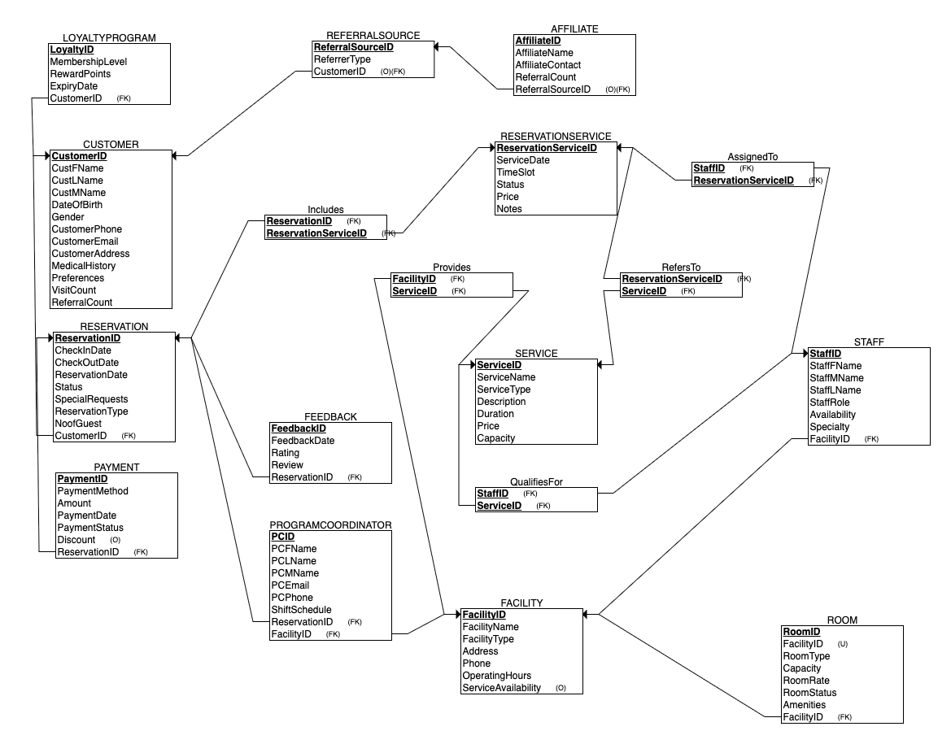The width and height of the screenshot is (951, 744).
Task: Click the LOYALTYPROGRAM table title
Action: pyautogui.click(x=108, y=37)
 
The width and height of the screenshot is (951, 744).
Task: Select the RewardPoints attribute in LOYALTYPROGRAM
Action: pyautogui.click(x=80, y=74)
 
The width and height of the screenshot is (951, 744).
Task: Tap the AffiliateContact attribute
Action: pyautogui.click(x=547, y=65)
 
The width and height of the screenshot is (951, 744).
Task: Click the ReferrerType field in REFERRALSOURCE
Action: pyautogui.click(x=342, y=59)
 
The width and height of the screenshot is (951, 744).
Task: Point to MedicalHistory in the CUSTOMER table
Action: pyautogui.click(x=83, y=266)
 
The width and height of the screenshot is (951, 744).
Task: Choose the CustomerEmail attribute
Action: pyautogui.click(x=85, y=241)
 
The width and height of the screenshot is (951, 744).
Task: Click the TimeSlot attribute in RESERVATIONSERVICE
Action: pyautogui.click(x=515, y=172)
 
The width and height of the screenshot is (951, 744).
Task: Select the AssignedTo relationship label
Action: pyautogui.click(x=752, y=156)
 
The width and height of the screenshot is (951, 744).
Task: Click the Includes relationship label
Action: pyautogui.click(x=325, y=210)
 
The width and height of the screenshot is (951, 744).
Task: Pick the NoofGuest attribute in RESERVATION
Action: pyautogui.click(x=77, y=424)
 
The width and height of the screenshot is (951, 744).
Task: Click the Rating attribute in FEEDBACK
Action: pyautogui.click(x=285, y=453)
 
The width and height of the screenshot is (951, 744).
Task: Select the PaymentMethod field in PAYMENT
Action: pyautogui.click(x=92, y=491)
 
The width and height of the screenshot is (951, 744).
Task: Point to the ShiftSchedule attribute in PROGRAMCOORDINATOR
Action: pyautogui.click(x=301, y=610)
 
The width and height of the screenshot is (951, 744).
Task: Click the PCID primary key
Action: pyautogui.click(x=282, y=537)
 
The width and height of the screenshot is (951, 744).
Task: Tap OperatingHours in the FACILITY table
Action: pyautogui.click(x=496, y=676)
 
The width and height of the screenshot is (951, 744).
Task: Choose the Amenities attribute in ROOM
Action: pyautogui.click(x=804, y=705)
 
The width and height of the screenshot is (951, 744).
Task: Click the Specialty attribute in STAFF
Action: pyautogui.click(x=829, y=427)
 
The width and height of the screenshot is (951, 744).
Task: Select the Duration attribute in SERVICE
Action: pyautogui.click(x=495, y=414)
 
